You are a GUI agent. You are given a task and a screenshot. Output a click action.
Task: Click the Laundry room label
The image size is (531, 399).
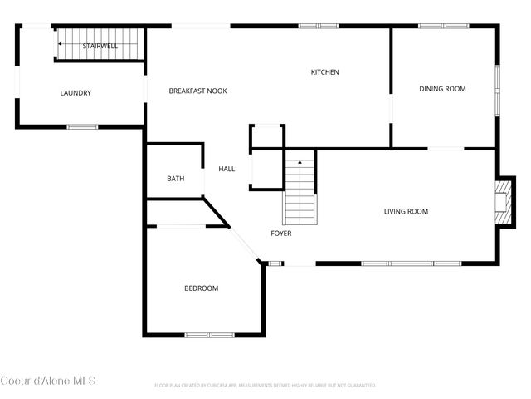tap(76, 93)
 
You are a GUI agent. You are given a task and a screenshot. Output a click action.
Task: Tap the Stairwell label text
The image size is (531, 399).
tap(100, 46)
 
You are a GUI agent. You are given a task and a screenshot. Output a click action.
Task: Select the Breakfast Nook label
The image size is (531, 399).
tap(197, 91)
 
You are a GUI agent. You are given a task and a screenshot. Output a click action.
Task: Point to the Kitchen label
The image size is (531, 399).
tap(324, 72)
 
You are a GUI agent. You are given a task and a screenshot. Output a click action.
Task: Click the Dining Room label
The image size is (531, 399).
tap(442, 89)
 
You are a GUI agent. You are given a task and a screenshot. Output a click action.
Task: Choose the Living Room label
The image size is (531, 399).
tap(406, 211)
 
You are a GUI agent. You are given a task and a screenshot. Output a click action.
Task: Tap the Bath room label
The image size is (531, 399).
tap(175, 179)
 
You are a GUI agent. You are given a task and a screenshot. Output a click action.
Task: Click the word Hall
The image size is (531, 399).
tap(227, 169)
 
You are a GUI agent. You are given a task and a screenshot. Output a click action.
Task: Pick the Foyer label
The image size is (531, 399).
tap(281, 234)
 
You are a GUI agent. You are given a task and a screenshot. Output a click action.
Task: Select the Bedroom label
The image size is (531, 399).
tap(201, 288)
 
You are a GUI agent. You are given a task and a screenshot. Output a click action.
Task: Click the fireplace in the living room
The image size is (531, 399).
tap(500, 203)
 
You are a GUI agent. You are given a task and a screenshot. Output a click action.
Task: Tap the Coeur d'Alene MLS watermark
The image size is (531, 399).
tap(48, 382)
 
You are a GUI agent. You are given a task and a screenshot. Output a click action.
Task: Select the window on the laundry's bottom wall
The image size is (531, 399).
tap(82, 126)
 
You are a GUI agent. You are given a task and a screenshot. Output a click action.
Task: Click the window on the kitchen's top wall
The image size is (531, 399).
tap(319, 26)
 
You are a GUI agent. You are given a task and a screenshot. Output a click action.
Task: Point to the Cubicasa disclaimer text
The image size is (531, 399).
tap(265, 386)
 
